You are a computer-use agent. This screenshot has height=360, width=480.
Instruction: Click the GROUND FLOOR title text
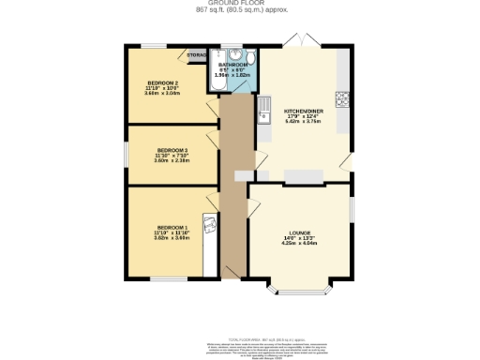coord(240,4)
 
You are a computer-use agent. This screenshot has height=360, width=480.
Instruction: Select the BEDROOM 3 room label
coord(172,150)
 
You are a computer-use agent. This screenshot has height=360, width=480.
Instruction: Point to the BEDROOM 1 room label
coord(172,228)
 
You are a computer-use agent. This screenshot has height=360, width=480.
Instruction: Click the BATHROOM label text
coord(232,64)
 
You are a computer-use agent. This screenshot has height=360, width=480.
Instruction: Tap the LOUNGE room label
coord(300,232)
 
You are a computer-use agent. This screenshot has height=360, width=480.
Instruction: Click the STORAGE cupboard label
coord(198,55)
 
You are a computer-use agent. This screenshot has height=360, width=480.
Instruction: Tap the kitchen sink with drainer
coord(265,108)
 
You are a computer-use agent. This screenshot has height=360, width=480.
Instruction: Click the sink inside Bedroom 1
coord(212,223)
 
